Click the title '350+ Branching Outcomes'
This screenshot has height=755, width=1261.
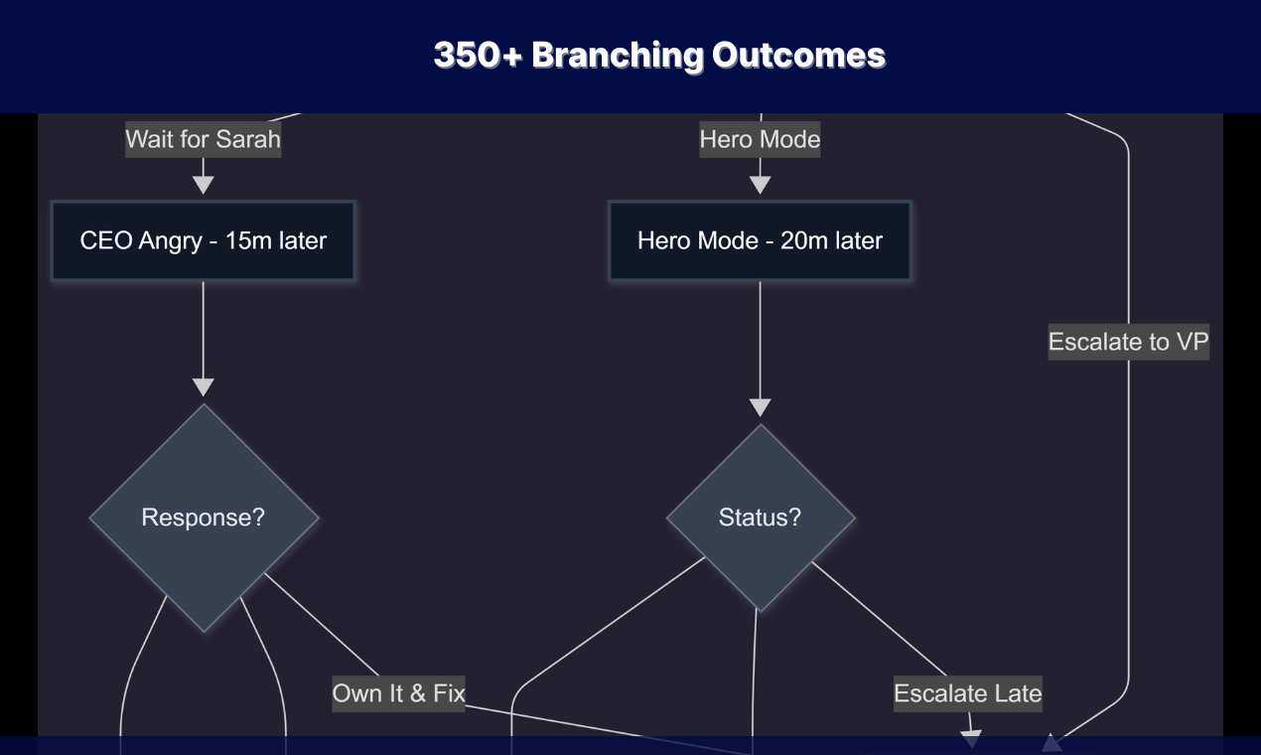659,55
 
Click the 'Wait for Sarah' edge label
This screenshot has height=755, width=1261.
203,139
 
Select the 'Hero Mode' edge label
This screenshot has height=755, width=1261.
760,139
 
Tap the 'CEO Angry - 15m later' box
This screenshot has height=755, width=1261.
203,240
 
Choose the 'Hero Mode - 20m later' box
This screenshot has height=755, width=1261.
760,240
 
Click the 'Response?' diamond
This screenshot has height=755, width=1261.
204,518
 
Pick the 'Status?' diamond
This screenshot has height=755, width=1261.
760,518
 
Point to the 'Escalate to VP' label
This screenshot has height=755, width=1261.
1128,342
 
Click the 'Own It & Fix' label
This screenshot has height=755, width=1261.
398,692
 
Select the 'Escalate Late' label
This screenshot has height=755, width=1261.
967,693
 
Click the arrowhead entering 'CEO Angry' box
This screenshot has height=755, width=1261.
203,185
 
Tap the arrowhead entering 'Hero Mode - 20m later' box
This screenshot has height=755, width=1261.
760,185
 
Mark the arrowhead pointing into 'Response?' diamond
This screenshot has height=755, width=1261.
203,387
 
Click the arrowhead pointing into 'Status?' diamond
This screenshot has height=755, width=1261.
760,407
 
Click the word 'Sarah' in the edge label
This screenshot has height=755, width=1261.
248,139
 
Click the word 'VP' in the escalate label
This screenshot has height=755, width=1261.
1191,342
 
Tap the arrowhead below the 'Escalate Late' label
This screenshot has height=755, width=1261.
971,739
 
